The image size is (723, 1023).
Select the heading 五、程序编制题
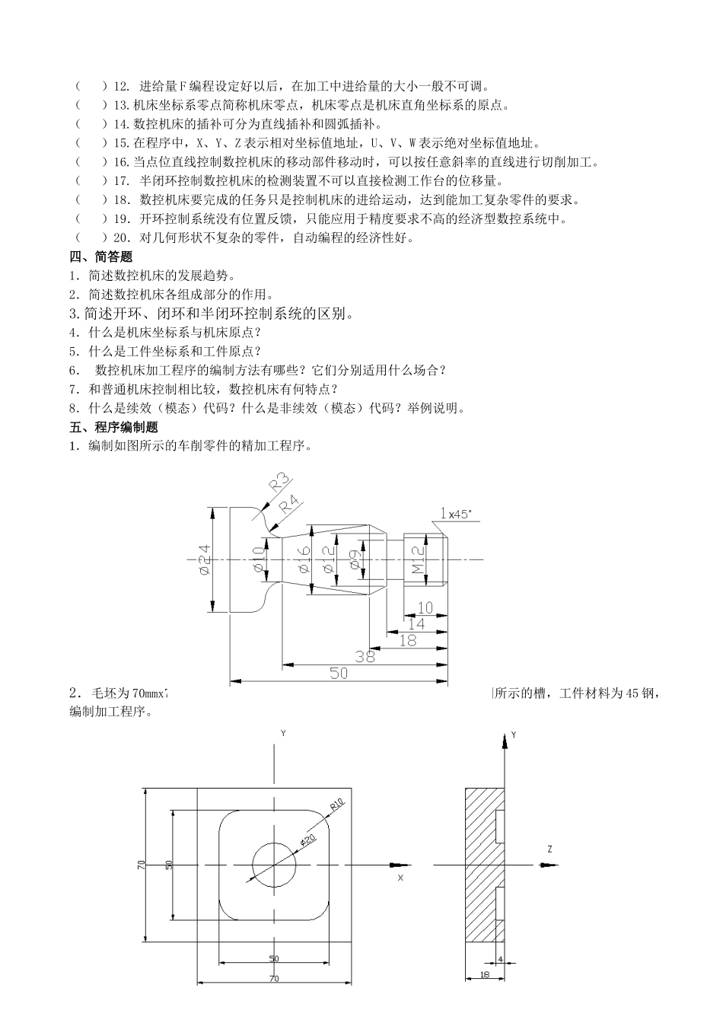click(x=113, y=427)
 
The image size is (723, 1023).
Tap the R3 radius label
click(x=280, y=483)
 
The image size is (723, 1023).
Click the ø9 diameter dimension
click(x=355, y=561)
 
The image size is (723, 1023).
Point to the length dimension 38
click(x=365, y=655)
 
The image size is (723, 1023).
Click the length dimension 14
click(x=416, y=623)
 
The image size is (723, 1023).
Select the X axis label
click(x=400, y=878)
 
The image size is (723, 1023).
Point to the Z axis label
click(x=549, y=848)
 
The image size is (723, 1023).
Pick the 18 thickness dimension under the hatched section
click(x=485, y=976)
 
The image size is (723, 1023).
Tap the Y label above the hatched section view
click(x=514, y=735)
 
